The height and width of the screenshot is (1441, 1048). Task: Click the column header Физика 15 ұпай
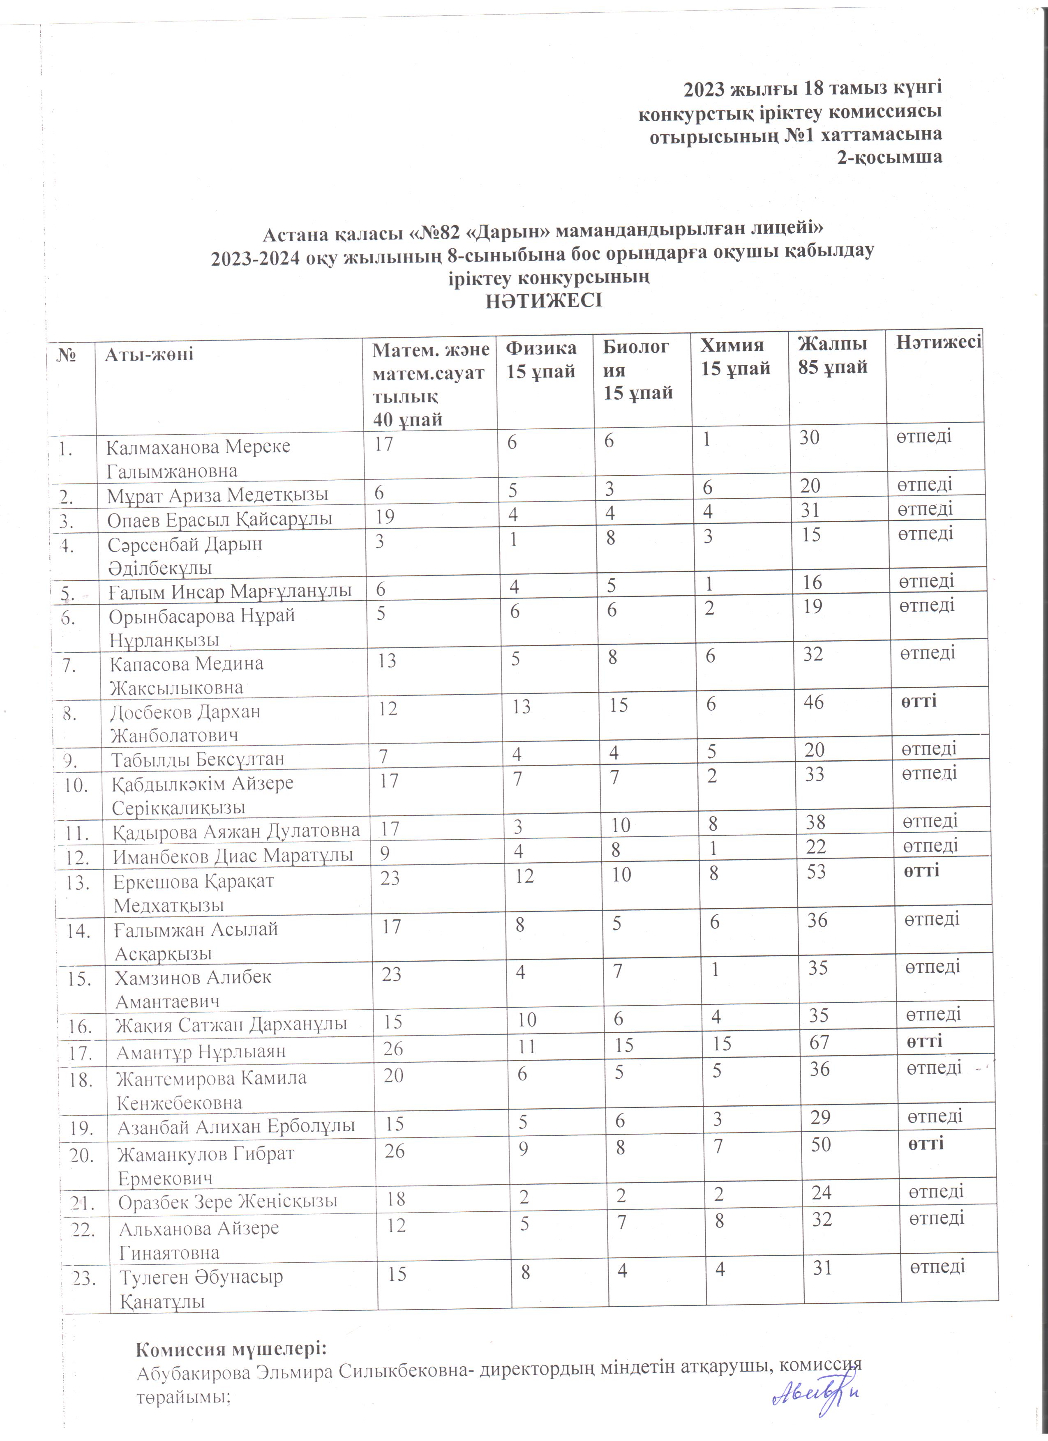[541, 359]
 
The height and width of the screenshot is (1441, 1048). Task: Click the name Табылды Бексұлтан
[198, 759]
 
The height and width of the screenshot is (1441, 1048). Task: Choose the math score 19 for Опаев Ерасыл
[385, 516]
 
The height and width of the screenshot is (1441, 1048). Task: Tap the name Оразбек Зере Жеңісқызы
[228, 1202]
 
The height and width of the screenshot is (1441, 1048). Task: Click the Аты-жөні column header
[149, 354]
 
